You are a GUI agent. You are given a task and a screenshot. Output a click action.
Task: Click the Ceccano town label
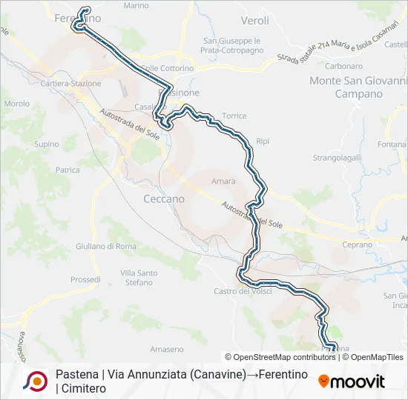coord(163,199)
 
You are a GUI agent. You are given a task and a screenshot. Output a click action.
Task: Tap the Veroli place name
coord(255,21)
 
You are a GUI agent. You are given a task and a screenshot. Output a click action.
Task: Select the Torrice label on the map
coord(234,116)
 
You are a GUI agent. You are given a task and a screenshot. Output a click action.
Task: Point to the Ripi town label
coord(262,141)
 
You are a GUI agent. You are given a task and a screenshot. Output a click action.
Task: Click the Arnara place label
coord(223,181)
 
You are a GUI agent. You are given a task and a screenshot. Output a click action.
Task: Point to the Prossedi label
coord(85,280)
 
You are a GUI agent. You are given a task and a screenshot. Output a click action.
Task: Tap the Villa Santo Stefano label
coord(139,278)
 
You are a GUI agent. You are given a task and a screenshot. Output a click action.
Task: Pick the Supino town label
coord(47,144)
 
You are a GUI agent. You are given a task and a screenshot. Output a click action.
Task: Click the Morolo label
coord(16,104)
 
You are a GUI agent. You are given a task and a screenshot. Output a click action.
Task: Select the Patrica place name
coord(68,170)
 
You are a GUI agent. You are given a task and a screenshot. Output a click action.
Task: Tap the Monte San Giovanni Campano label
coord(358,87)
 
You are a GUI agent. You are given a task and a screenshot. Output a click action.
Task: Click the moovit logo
coord(352,381)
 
